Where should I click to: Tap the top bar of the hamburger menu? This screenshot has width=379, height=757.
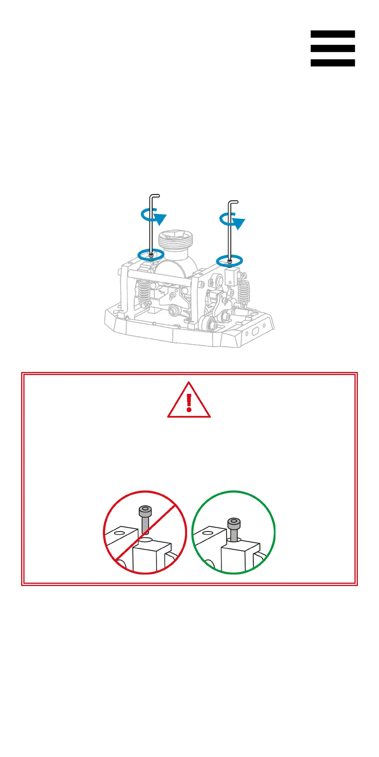[333, 34]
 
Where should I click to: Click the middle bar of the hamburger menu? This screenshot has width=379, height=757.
[333, 49]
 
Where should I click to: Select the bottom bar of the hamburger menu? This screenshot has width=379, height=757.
[333, 63]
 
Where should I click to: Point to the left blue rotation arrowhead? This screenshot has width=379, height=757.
[160, 219]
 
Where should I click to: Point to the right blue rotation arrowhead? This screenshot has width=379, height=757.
[239, 224]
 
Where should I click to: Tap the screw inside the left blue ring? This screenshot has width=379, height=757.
[151, 255]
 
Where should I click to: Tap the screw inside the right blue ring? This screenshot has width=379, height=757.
[230, 261]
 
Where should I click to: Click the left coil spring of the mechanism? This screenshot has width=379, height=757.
[144, 291]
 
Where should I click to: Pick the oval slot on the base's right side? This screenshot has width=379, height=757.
[256, 331]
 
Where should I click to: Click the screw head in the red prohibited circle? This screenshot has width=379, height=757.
[145, 511]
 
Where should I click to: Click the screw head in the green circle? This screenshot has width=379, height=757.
[234, 523]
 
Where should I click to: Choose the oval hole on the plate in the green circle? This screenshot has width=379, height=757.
[208, 533]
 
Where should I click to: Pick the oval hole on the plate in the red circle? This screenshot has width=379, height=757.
[119, 533]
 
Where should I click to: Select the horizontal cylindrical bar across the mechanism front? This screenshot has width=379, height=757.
[160, 278]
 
